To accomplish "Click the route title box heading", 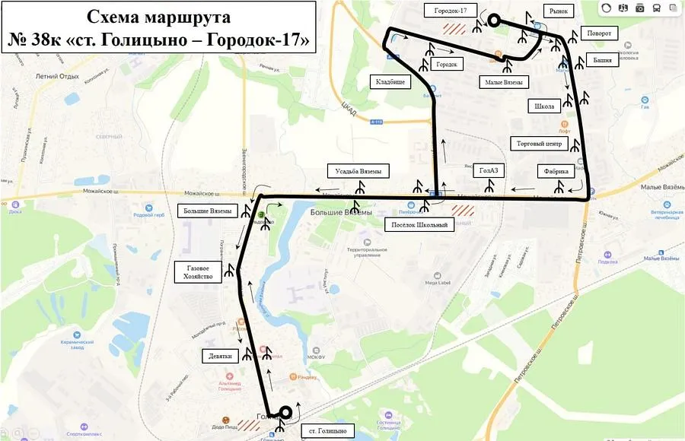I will (x=159, y=29).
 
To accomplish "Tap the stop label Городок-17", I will (x=450, y=9).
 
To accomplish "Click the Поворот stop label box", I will (x=598, y=34).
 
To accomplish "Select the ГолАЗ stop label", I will (x=489, y=171).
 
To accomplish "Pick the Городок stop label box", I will (x=447, y=65).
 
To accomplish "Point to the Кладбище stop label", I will (x=391, y=81).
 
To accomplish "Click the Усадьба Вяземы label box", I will (x=358, y=170).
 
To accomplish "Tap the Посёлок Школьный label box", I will (x=419, y=224).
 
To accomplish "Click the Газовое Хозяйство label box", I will (x=198, y=272).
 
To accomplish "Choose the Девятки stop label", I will (x=220, y=355).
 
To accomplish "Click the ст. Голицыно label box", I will (x=328, y=431).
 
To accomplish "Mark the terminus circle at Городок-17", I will (x=493, y=21).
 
